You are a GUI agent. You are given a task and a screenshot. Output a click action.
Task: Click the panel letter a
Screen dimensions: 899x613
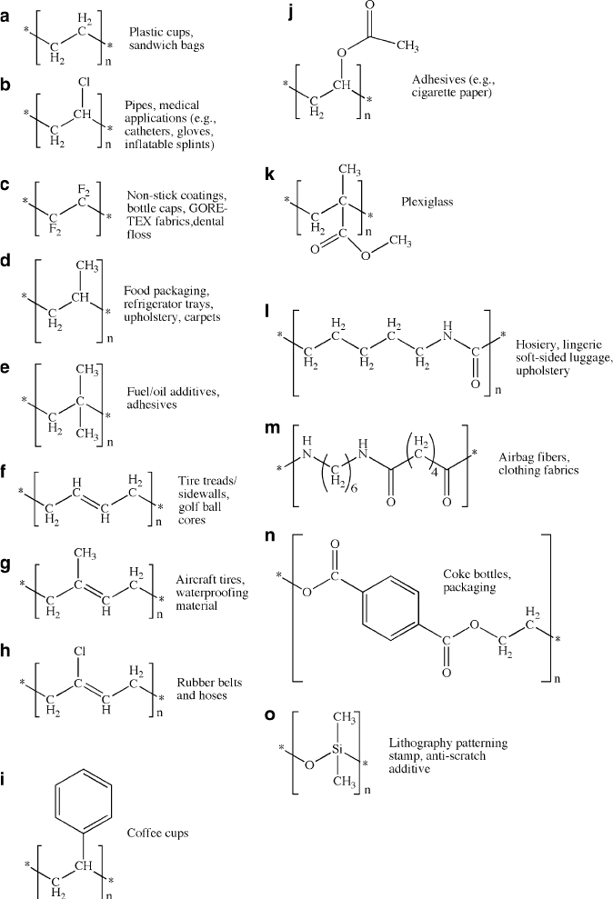6,15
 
